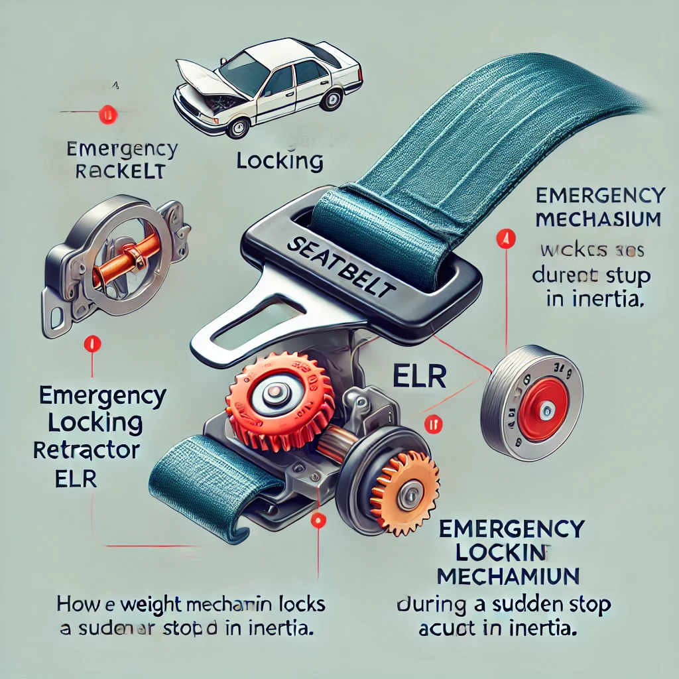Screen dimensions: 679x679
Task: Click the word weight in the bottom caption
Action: pyautogui.click(x=132, y=605)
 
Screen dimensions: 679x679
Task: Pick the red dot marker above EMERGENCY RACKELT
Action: pyautogui.click(x=106, y=115)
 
